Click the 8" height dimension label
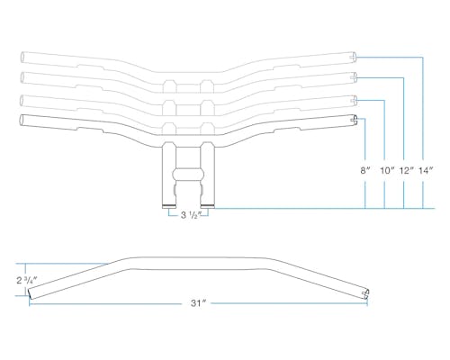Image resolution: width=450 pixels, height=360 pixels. coord(365,171)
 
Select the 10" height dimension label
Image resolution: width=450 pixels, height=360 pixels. coord(387,171)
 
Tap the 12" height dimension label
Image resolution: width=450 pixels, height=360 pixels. coord(406,171)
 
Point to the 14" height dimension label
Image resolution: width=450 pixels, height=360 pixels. coord(426,171)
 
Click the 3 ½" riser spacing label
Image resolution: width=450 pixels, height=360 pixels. coord(191,215)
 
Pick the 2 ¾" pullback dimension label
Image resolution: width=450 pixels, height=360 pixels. coord(27,280)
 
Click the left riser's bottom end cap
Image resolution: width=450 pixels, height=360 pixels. coord(169,206)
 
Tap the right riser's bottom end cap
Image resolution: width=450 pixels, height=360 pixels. coord(208,206)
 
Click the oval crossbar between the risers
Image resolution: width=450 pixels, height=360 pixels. coord(188,175)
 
